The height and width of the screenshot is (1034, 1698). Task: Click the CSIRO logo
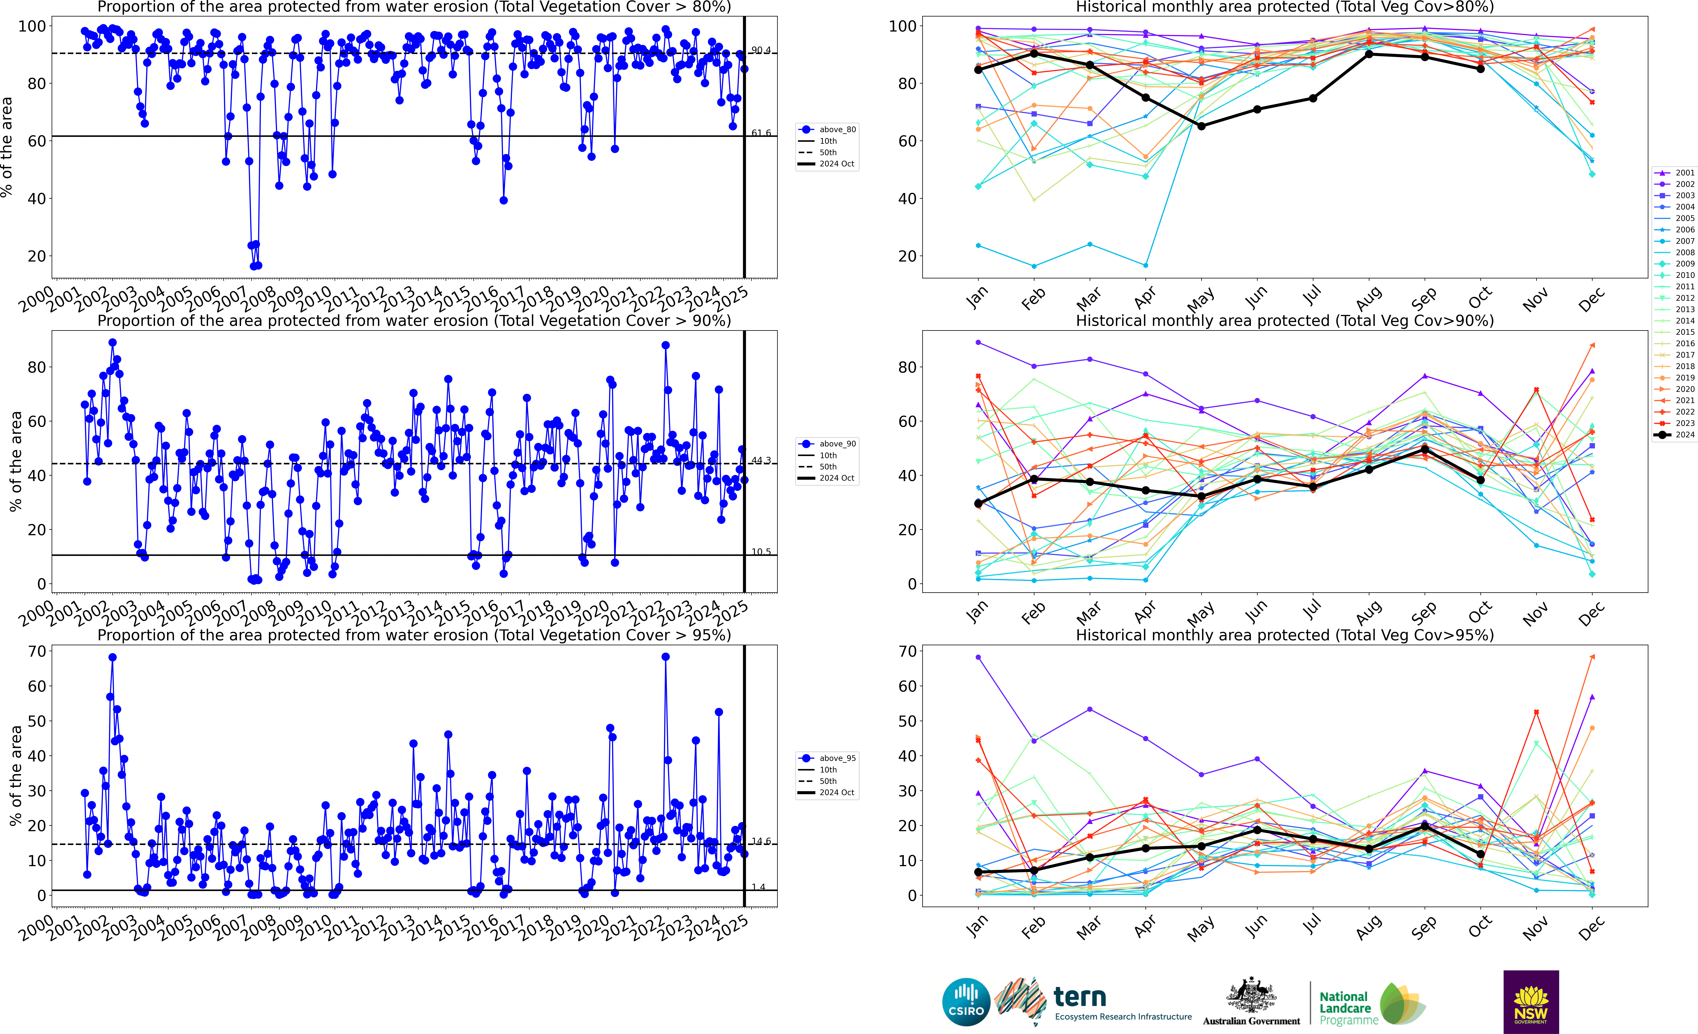coord(966,1002)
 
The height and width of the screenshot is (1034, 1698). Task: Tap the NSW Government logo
coord(1531,1002)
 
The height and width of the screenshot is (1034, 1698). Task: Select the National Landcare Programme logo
coord(1371,1004)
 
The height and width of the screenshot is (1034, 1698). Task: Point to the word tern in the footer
coord(1080,997)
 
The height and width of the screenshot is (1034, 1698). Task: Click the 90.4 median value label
coord(761,50)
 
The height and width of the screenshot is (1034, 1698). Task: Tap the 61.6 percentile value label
coord(761,133)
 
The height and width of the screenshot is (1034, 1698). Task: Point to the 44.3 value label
coord(761,461)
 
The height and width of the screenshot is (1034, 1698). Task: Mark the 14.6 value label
coord(761,842)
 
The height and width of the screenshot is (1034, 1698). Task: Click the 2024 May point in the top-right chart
coord(1201,126)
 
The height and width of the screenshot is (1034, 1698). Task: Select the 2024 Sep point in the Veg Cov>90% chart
coord(1424,449)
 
